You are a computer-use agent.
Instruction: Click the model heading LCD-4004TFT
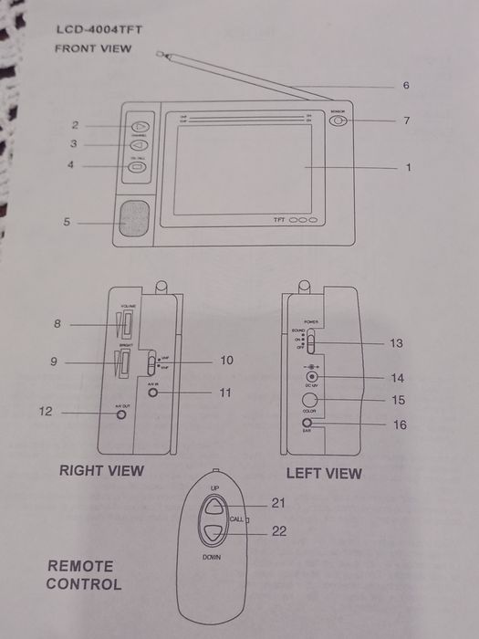click(99, 30)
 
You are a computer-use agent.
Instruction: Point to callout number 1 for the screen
click(407, 167)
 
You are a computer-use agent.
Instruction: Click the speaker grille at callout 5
click(133, 220)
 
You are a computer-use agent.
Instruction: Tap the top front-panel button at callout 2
click(138, 126)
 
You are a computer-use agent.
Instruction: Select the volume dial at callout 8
click(126, 324)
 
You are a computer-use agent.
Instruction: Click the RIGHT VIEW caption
click(101, 470)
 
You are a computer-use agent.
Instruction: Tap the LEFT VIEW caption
click(324, 473)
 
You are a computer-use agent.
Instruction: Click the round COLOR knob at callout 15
click(310, 400)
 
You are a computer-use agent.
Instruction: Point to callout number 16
click(399, 424)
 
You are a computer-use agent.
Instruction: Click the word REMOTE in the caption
click(80, 566)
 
